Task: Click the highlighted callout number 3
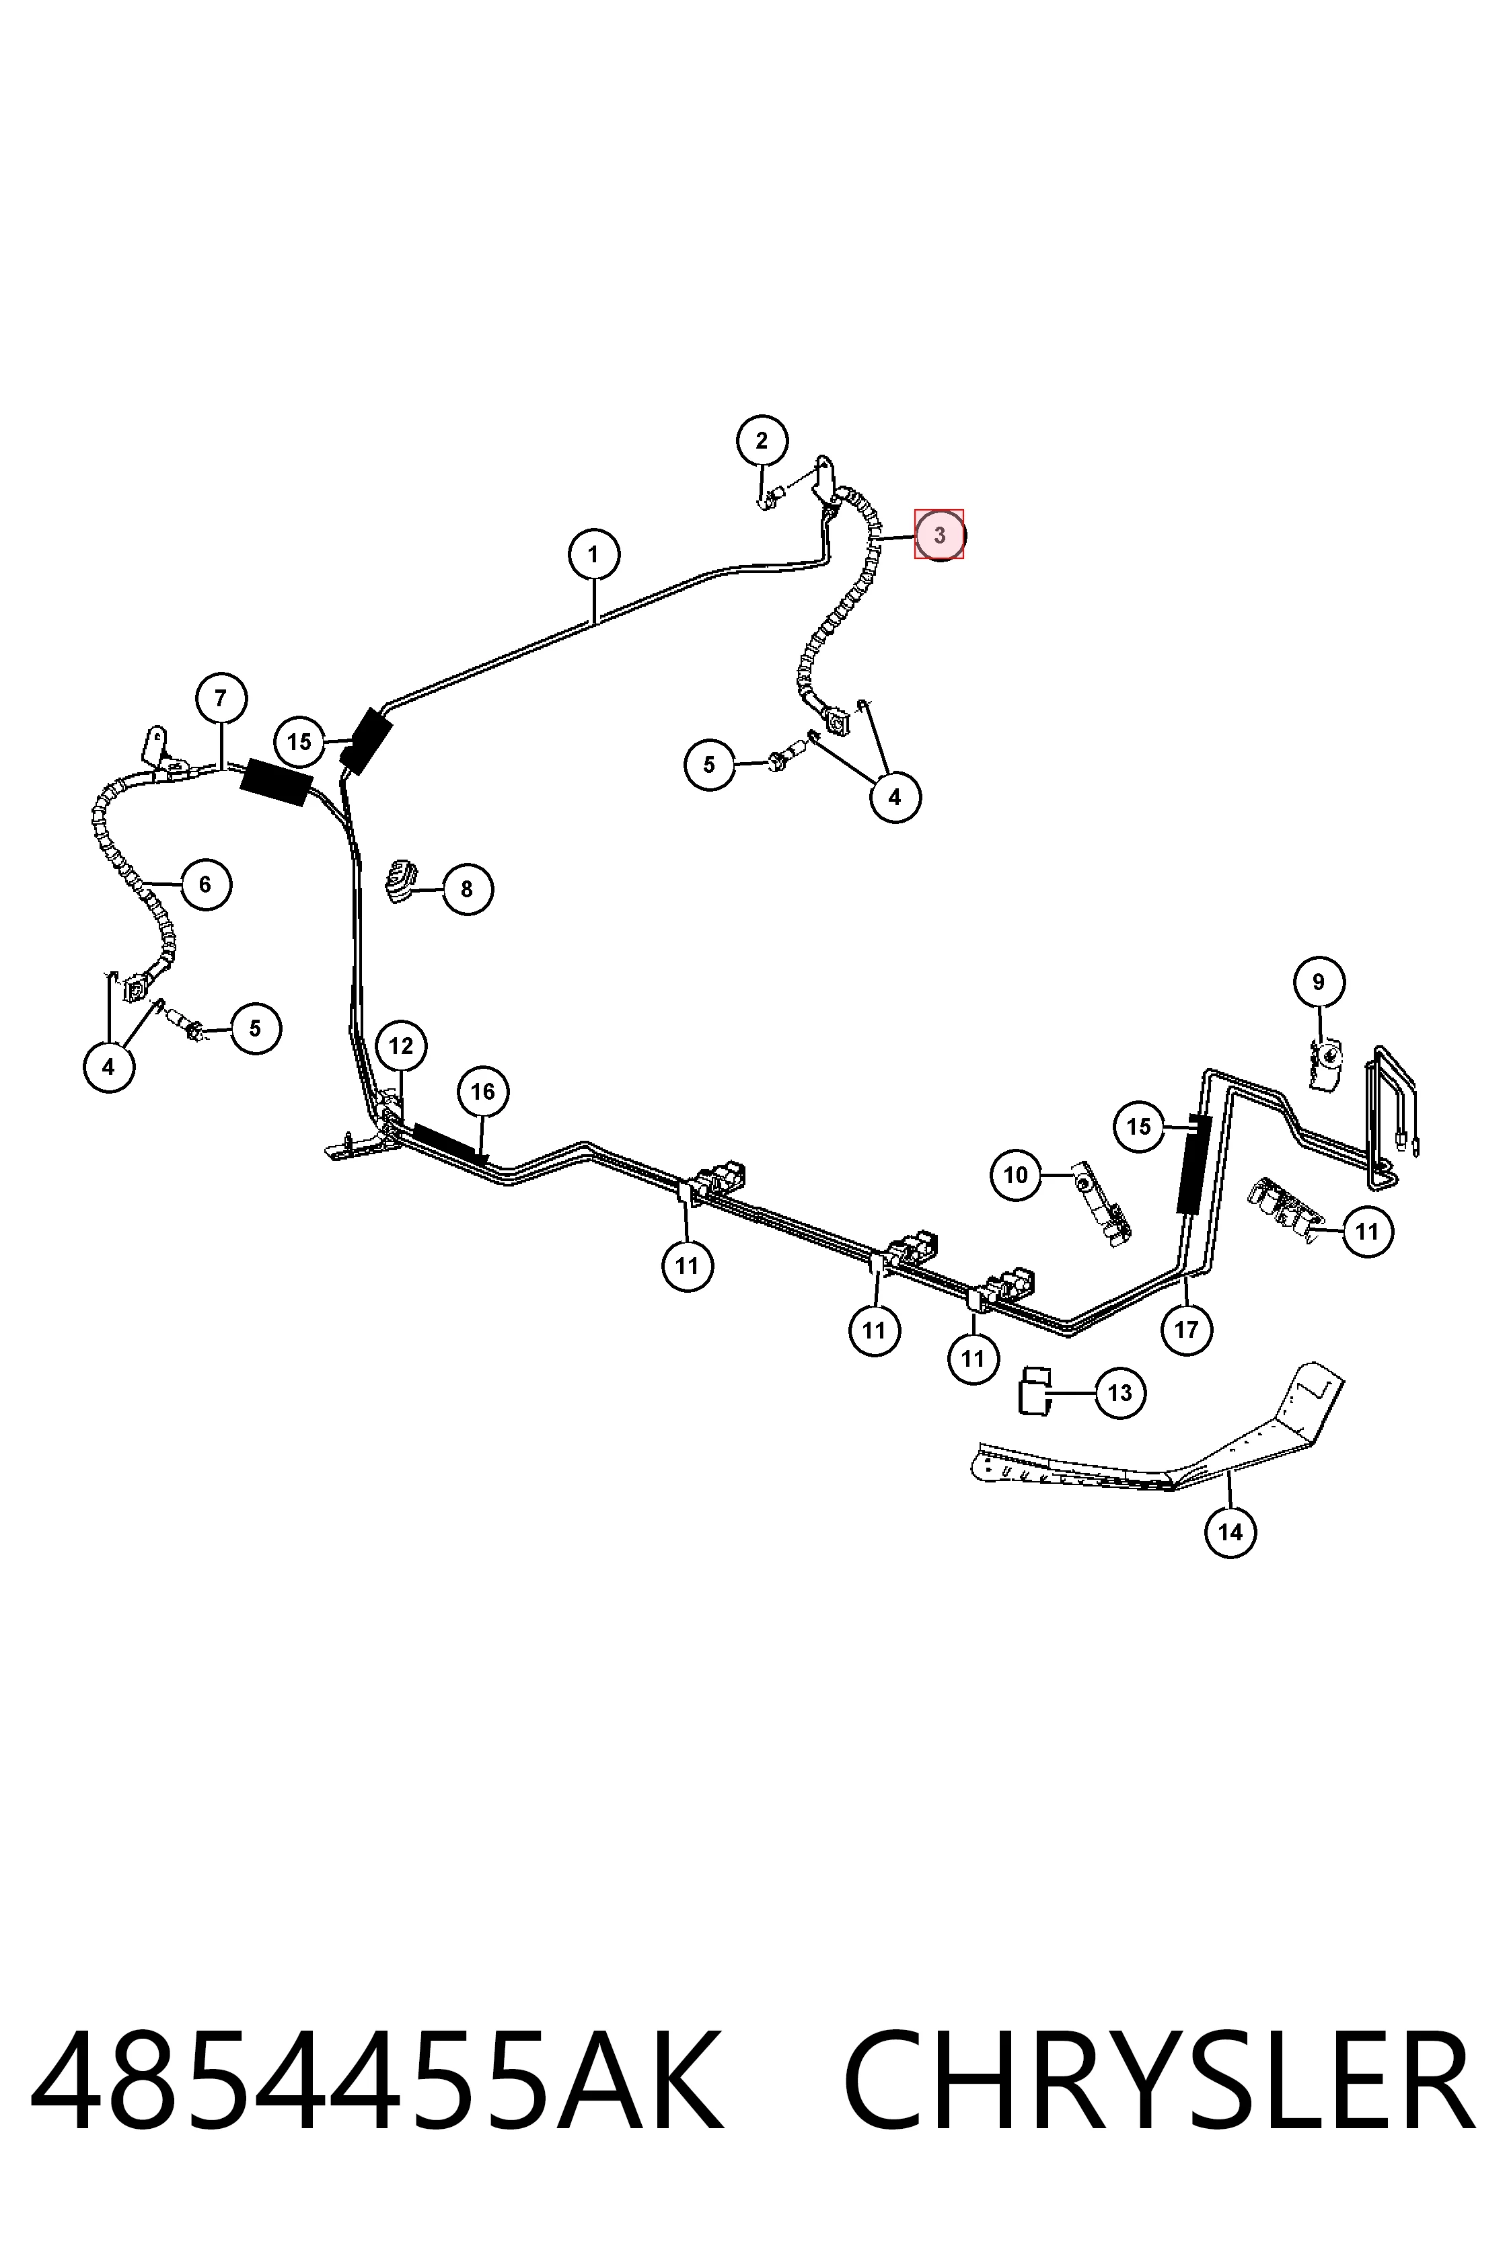coord(939,534)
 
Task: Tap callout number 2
coord(762,442)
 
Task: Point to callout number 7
coord(221,699)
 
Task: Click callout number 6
coord(205,884)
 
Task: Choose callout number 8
coord(467,889)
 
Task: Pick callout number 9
coord(1318,982)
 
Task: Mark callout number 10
coord(1016,1175)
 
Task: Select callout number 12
coord(401,1045)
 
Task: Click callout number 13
coord(1119,1393)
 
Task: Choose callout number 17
coord(1186,1329)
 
